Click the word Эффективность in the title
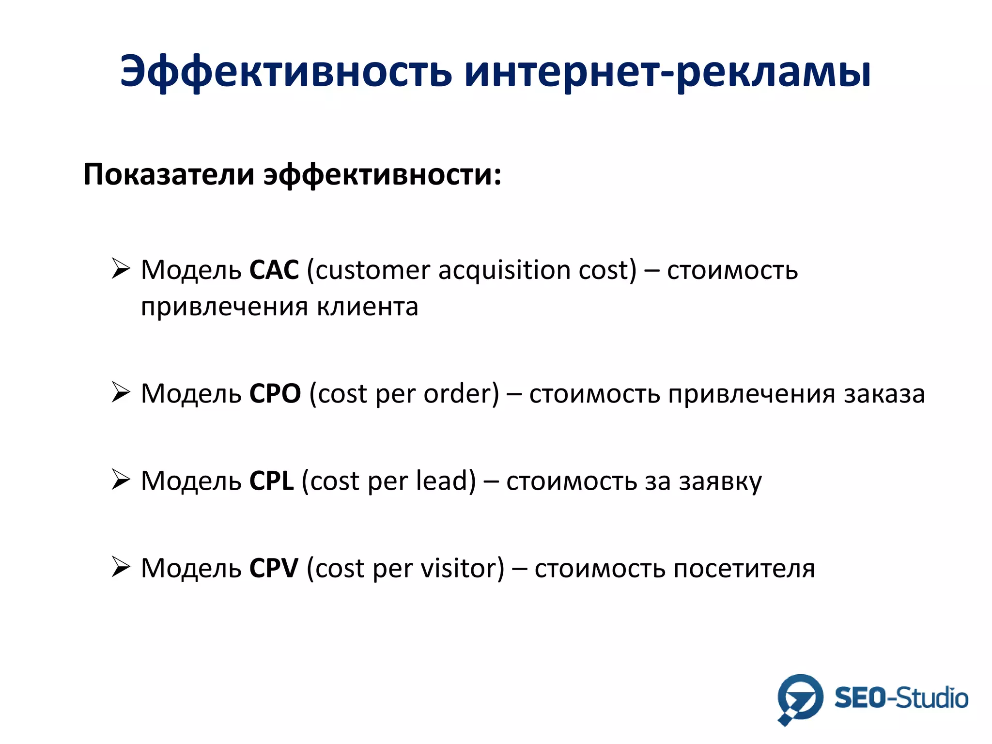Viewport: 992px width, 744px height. pyautogui.click(x=286, y=73)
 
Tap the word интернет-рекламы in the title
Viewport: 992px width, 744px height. pyautogui.click(x=667, y=73)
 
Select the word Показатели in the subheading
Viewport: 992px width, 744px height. pyautogui.click(x=169, y=174)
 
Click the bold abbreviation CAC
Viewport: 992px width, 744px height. pyautogui.click(x=274, y=270)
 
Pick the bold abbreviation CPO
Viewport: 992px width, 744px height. pyautogui.click(x=275, y=393)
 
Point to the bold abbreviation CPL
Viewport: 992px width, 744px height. pyautogui.click(x=271, y=481)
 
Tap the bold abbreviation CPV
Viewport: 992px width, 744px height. pyautogui.click(x=274, y=568)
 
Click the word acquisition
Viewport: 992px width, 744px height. pyautogui.click(x=504, y=270)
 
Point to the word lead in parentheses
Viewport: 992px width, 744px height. pyautogui.click(x=442, y=481)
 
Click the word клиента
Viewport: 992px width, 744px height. pyautogui.click(x=368, y=307)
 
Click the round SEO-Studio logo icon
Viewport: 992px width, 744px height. pyautogui.click(x=800, y=698)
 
